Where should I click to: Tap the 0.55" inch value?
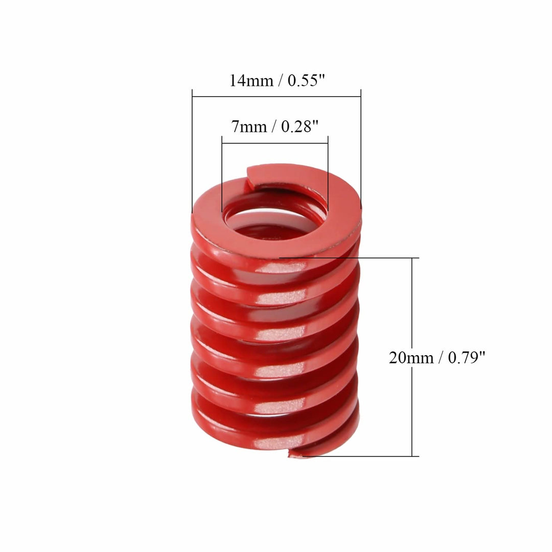(306, 81)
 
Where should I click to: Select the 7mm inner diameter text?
(249, 126)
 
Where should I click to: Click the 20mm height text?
(410, 357)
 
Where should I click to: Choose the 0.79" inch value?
(467, 357)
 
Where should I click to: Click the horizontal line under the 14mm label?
(277, 96)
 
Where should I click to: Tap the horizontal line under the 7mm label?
(275, 143)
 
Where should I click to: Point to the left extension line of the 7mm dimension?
(222, 174)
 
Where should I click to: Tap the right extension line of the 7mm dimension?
(328, 169)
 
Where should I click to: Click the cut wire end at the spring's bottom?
(295, 453)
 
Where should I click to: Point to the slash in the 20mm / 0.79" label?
(441, 357)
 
